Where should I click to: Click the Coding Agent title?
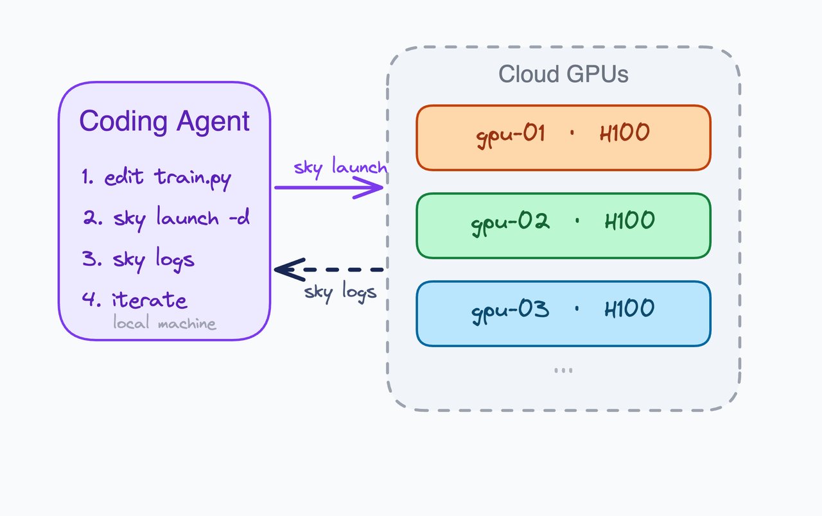pyautogui.click(x=164, y=121)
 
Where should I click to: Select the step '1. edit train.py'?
pyautogui.click(x=156, y=178)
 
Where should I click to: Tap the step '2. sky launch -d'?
pyautogui.click(x=165, y=218)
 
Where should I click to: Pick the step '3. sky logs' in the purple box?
pyautogui.click(x=137, y=259)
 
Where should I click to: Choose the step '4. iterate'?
pyautogui.click(x=134, y=300)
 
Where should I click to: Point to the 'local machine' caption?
pyautogui.click(x=164, y=323)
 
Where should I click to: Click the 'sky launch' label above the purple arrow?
pyautogui.click(x=340, y=168)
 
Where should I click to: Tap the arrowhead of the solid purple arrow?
pyautogui.click(x=376, y=188)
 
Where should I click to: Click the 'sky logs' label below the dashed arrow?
pyautogui.click(x=340, y=292)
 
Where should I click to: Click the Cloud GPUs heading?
pyautogui.click(x=563, y=74)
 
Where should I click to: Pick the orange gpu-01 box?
pyautogui.click(x=563, y=138)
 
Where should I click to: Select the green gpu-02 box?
pyautogui.click(x=563, y=225)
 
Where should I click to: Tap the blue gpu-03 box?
pyautogui.click(x=563, y=313)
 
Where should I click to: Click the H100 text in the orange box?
pyautogui.click(x=624, y=134)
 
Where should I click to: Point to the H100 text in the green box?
pyautogui.click(x=629, y=221)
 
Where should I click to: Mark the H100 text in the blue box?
pyautogui.click(x=629, y=309)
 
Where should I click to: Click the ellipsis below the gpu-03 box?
pyautogui.click(x=563, y=370)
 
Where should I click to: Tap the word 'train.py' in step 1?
pyautogui.click(x=192, y=178)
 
